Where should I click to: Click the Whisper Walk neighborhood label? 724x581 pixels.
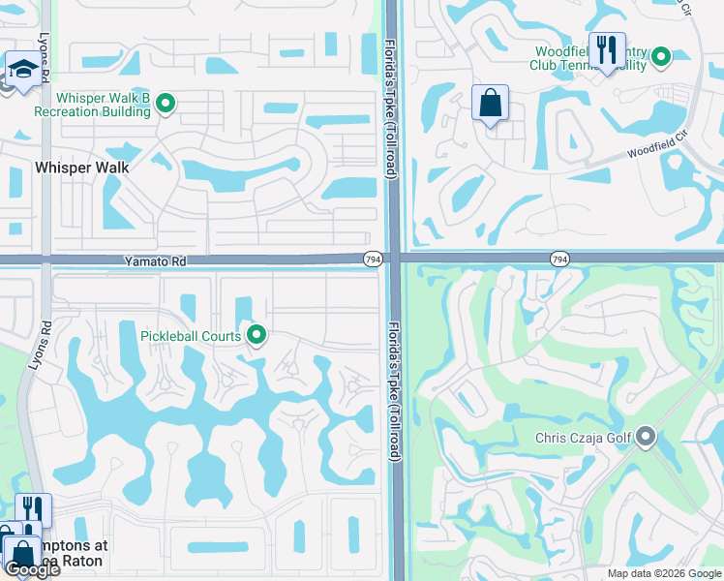tap(82, 167)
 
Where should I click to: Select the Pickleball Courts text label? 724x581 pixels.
tap(191, 336)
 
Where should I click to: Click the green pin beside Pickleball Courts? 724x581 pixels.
tap(256, 335)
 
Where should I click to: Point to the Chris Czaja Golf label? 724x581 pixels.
tap(584, 438)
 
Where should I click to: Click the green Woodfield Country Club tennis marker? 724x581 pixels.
tap(661, 57)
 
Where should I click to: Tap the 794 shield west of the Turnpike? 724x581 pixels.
tap(373, 260)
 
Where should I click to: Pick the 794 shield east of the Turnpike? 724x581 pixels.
tap(558, 259)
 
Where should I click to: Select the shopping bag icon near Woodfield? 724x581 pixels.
tap(491, 102)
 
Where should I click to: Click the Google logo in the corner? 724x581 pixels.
tap(32, 569)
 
